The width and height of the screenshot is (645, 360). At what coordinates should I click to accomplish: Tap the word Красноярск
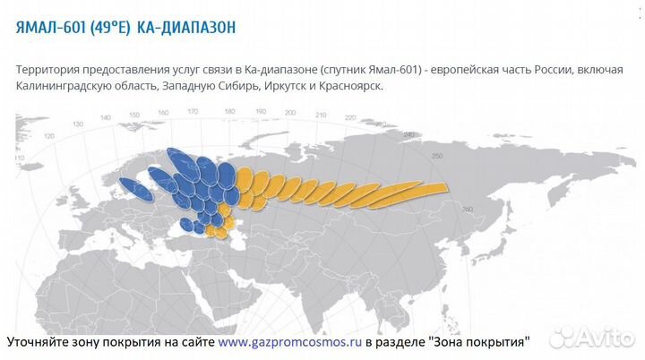click(x=352, y=86)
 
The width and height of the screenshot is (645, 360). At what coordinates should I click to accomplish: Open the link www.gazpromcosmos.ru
click(x=289, y=342)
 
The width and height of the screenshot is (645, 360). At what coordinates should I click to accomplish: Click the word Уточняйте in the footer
click(x=42, y=342)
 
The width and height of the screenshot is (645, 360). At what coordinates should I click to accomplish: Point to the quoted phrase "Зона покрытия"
click(x=481, y=342)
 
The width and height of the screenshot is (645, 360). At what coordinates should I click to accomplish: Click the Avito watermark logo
click(x=591, y=338)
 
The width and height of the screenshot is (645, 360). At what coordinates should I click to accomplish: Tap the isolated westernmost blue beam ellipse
click(x=134, y=189)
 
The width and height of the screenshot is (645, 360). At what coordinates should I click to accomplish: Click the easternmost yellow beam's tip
click(x=443, y=186)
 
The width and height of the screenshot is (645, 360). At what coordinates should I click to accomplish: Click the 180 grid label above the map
click(x=230, y=112)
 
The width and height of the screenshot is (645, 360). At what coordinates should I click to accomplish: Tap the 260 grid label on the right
click(x=465, y=210)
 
